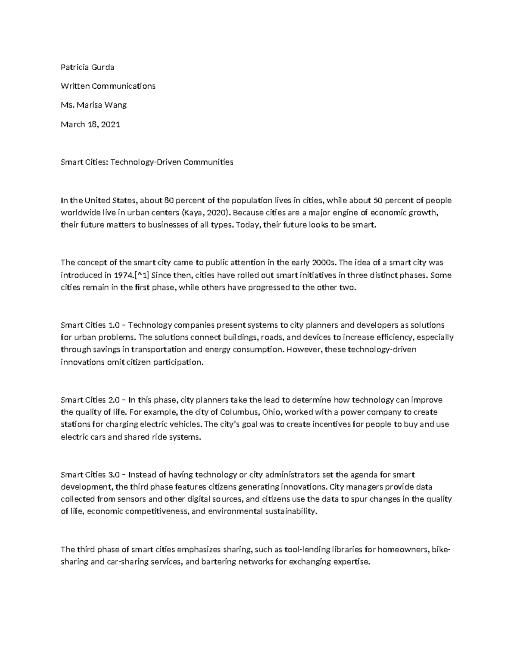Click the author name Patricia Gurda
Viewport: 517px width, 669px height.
[87, 67]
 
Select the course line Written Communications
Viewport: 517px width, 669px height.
[108, 86]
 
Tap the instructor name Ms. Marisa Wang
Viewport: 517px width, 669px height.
[93, 105]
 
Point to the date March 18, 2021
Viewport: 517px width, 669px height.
[90, 124]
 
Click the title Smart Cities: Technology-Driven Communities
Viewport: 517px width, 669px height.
[147, 162]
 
